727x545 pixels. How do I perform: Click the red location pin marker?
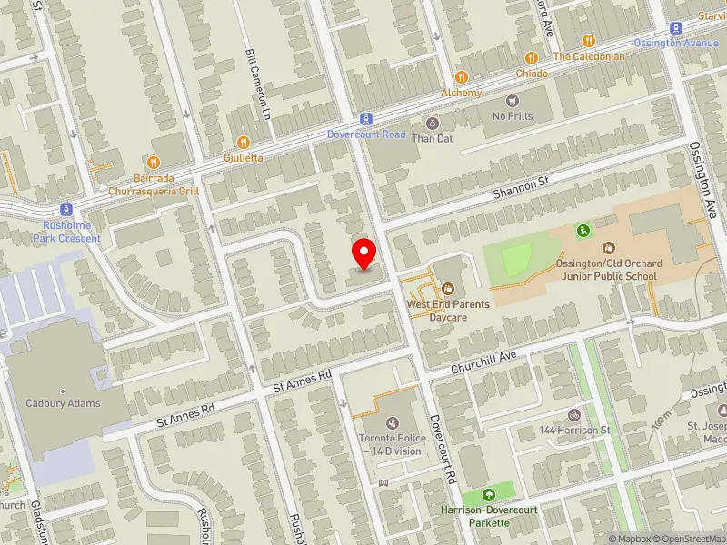coord(364,253)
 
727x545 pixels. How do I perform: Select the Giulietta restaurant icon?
coord(243,142)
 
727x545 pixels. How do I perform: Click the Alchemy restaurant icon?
coord(462,77)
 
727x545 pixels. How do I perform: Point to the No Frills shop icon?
coord(513,100)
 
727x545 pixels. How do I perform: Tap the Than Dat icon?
coord(432,123)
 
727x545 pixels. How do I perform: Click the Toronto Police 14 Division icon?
coord(392,422)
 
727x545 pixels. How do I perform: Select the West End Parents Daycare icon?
coord(447,289)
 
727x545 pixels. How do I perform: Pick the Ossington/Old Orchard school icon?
coord(609,247)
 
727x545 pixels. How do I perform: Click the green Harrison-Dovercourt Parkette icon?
coord(490,495)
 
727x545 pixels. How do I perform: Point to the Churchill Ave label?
coord(484,365)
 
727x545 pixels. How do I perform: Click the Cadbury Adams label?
coord(63,403)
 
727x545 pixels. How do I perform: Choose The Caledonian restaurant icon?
coord(588,40)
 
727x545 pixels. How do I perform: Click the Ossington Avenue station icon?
coord(676,28)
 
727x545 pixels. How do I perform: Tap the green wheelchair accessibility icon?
coord(583,231)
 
